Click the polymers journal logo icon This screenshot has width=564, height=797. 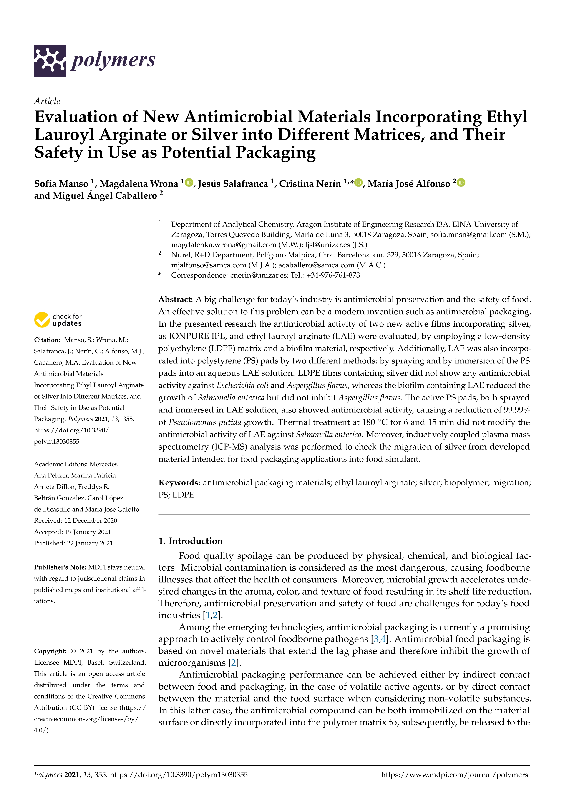(50, 60)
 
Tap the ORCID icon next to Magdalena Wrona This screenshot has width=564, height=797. (189, 182)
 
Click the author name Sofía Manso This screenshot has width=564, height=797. (61, 184)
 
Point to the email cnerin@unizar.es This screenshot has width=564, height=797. (259, 275)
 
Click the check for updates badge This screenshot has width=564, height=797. (58, 320)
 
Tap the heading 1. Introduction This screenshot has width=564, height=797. (190, 541)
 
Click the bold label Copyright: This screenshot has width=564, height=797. (50, 651)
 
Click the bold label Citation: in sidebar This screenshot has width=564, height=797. (47, 340)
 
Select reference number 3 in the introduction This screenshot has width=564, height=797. (376, 639)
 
